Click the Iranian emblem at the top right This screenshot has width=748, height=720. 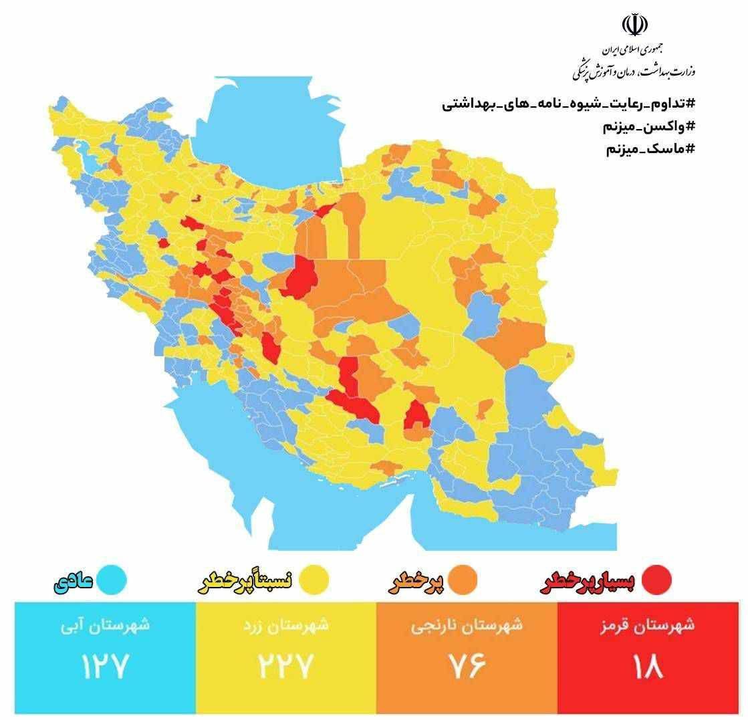click(x=634, y=25)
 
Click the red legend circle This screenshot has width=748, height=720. click(x=656, y=580)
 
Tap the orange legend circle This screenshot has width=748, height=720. click(x=463, y=580)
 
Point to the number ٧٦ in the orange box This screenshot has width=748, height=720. click(x=467, y=666)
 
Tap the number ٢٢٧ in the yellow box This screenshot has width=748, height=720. click(x=286, y=666)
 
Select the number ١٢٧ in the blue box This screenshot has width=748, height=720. click(x=104, y=666)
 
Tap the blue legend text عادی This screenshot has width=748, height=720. click(x=73, y=581)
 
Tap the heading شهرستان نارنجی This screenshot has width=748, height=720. click(x=467, y=626)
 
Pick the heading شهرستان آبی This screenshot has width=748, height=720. click(x=104, y=626)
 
